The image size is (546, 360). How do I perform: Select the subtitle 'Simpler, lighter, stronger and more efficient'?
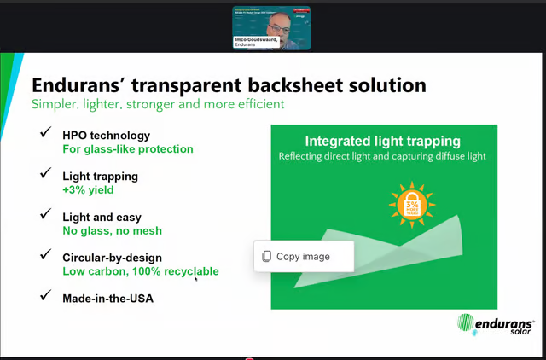pos(158,104)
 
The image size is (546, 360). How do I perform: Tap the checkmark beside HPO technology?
pos(45,134)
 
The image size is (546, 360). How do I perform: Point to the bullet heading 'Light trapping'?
pos(100,176)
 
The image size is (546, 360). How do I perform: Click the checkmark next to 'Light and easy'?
pos(45,216)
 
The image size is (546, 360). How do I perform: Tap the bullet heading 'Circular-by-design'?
pos(112,257)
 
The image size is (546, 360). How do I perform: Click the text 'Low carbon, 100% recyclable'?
pos(141,271)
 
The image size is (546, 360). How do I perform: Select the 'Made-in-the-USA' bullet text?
pos(107,298)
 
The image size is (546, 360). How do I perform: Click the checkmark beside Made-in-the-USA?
pos(45,298)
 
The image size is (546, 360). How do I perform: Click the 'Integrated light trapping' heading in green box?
pos(382,141)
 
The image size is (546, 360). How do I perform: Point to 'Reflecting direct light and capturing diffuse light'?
pos(382,157)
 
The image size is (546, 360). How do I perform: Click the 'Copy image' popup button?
pos(303,256)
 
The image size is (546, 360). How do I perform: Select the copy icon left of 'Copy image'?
pos(267,256)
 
